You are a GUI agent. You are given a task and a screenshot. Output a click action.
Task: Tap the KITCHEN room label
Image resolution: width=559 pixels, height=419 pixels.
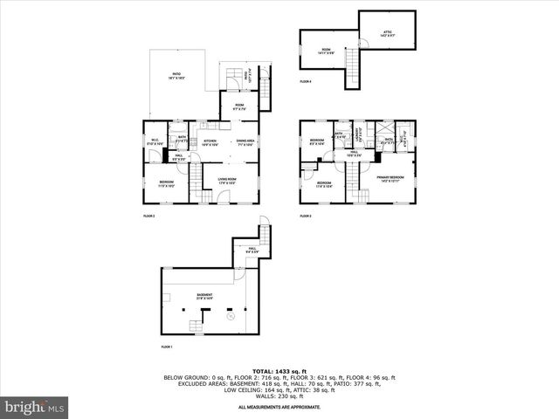tap(210, 141)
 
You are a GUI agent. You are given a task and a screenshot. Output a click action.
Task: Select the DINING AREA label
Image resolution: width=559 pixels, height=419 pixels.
tap(245, 141)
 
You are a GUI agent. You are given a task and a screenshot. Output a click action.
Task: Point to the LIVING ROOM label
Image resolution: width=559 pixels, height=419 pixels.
tap(228, 182)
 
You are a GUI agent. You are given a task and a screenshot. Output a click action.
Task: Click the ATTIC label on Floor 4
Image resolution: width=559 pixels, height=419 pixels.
tap(387, 34)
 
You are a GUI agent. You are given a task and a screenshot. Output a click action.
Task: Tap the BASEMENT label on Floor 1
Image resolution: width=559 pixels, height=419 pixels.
tap(204, 295)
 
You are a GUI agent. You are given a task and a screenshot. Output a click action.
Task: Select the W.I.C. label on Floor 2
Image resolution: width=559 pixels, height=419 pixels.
tap(154, 141)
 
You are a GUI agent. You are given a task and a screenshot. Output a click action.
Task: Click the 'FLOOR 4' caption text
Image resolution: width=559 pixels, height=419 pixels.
tap(305, 81)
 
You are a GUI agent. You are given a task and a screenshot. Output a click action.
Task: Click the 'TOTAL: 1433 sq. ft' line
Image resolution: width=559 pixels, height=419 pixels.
tap(279, 371)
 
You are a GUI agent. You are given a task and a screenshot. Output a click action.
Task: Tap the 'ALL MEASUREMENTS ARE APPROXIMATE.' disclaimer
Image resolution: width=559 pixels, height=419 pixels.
tap(279, 407)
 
